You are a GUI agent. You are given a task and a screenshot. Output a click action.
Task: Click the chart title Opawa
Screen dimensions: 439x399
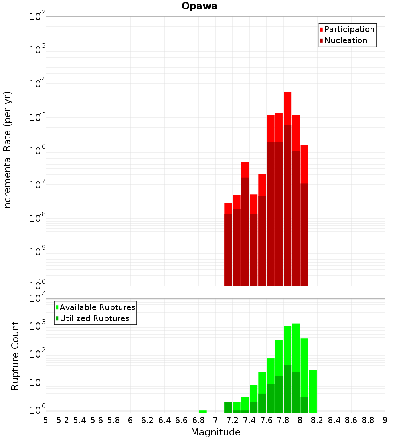(199, 6)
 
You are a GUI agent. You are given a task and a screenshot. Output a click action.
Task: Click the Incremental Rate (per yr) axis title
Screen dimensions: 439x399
(8, 151)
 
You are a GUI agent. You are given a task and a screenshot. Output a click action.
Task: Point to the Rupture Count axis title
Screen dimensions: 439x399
(15, 356)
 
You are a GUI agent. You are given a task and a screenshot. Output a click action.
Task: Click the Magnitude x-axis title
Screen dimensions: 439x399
(215, 432)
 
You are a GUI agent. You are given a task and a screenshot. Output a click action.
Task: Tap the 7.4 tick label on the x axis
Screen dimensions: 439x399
(249, 420)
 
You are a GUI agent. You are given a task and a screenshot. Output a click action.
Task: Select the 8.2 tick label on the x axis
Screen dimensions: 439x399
(317, 420)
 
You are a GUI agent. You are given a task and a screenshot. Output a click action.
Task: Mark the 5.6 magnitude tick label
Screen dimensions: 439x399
(97, 420)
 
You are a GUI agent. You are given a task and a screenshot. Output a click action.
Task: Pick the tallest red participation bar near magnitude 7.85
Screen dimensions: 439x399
(288, 108)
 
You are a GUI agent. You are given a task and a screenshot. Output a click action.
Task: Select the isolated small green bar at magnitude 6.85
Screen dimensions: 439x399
(203, 411)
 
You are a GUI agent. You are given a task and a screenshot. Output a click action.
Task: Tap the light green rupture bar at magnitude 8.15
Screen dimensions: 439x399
(313, 391)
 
